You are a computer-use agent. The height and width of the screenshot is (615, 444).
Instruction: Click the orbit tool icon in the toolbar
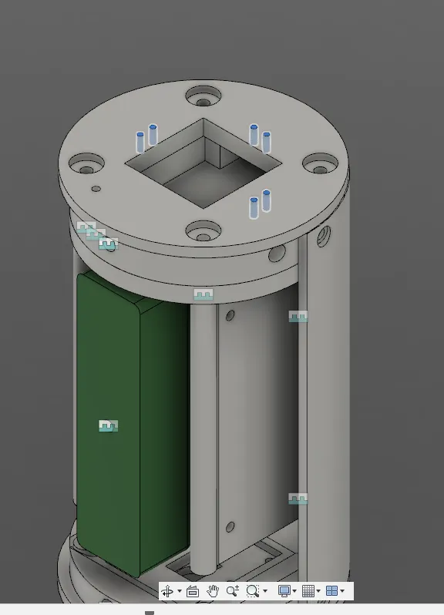tap(167, 591)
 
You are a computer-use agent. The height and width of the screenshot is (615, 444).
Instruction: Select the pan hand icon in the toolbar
tap(213, 591)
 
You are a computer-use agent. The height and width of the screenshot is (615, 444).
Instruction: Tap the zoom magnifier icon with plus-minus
tap(232, 591)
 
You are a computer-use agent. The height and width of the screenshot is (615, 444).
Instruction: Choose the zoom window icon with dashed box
tap(252, 591)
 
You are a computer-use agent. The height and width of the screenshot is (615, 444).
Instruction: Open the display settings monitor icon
tap(284, 591)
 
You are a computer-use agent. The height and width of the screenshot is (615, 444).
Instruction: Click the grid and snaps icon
tap(308, 591)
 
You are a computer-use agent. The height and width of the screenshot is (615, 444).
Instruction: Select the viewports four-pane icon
tap(331, 591)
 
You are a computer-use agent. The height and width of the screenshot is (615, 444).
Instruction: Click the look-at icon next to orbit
tap(193, 591)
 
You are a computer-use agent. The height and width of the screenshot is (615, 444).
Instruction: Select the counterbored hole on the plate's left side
tap(86, 164)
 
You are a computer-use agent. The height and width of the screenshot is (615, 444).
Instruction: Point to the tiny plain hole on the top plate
tap(96, 188)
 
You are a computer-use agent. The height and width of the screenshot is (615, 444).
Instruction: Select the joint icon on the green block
tap(109, 425)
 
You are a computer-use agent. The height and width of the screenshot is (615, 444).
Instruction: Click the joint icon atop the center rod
tap(203, 294)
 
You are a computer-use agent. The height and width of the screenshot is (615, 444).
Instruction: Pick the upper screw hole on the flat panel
tap(229, 315)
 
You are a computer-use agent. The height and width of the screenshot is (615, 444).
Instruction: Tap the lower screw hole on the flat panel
tap(229, 527)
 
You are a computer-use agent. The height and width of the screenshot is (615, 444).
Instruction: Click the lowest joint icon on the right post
tap(298, 499)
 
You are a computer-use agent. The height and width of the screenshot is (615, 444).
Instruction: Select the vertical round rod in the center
tap(203, 432)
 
